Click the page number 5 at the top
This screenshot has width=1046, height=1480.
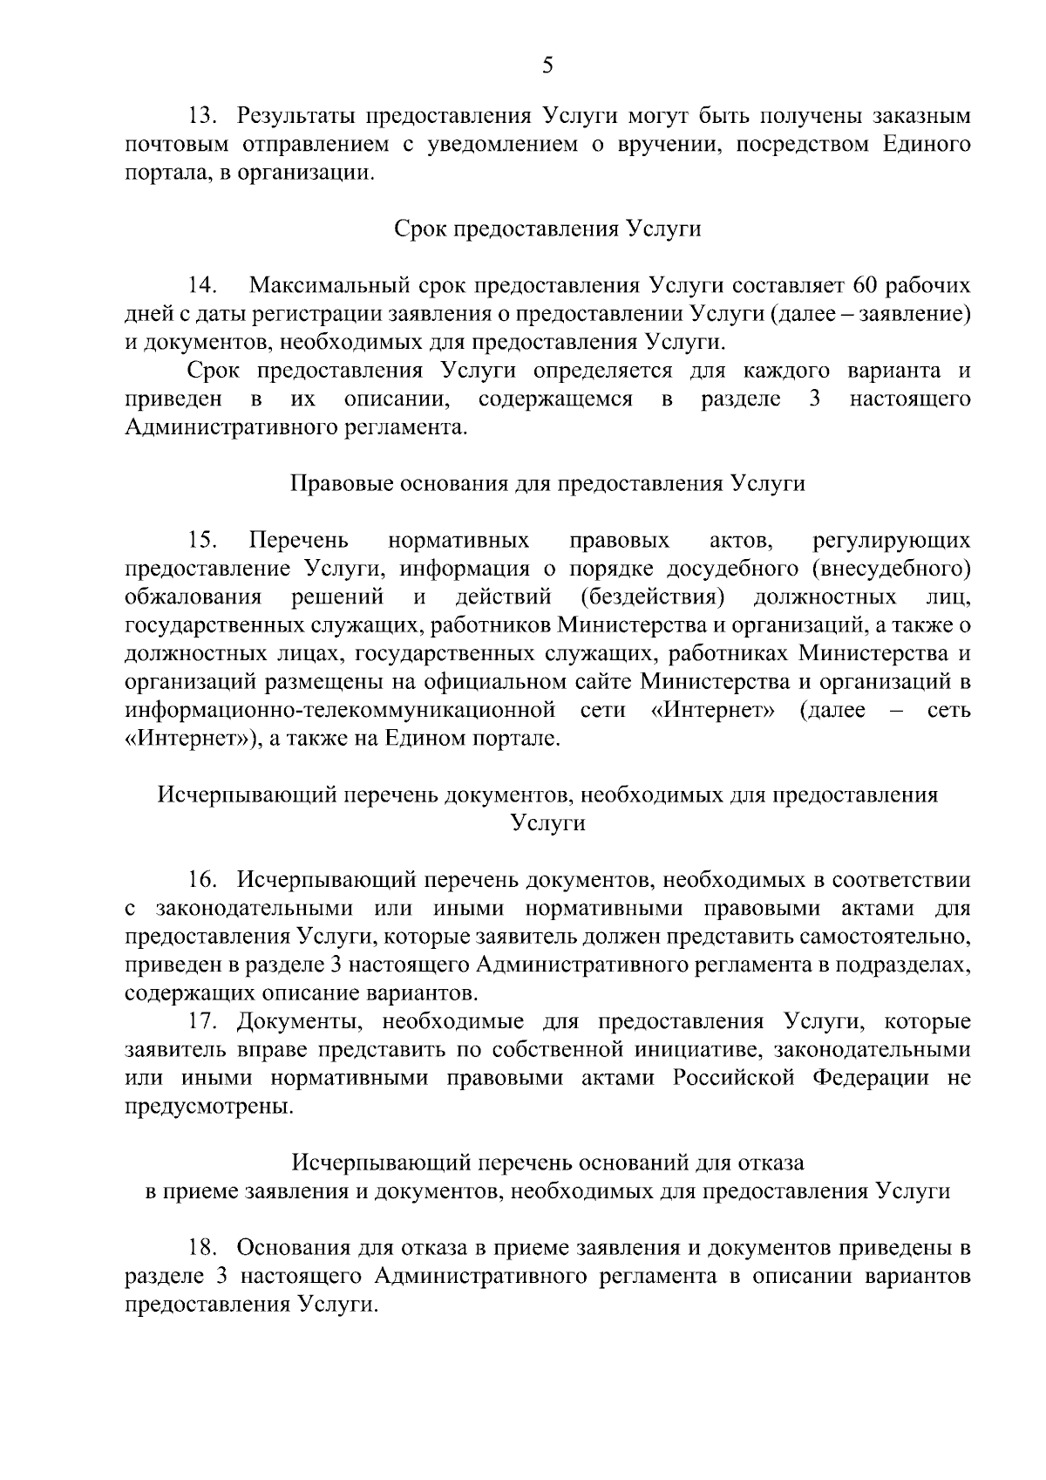click(x=547, y=66)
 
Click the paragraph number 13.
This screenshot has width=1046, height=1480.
click(x=201, y=116)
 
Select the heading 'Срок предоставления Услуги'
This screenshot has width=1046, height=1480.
click(x=547, y=229)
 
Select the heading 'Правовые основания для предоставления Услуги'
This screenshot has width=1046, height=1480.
click(x=547, y=484)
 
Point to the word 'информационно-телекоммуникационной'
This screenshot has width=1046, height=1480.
click(x=341, y=711)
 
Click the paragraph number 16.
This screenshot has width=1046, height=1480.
click(x=201, y=881)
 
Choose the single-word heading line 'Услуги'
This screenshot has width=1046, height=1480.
click(x=547, y=823)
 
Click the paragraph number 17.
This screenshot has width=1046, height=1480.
click(x=201, y=1022)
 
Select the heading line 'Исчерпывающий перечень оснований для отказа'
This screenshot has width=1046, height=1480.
click(x=547, y=1163)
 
